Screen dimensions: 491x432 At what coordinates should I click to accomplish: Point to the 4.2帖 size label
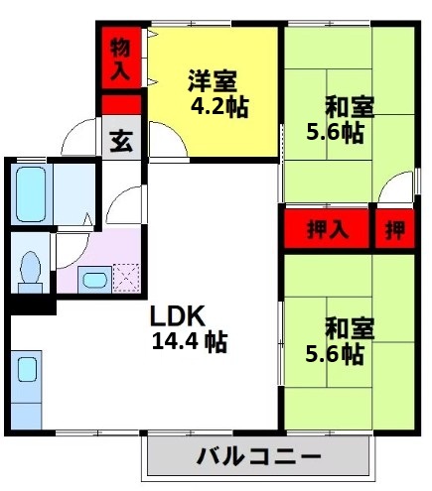(x=218, y=105)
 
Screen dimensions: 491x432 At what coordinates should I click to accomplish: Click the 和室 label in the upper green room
(x=349, y=105)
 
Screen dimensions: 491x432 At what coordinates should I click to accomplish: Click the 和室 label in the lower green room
(x=349, y=327)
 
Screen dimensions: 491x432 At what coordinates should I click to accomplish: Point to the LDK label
(x=178, y=316)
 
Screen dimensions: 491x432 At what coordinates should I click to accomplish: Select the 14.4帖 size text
(x=188, y=343)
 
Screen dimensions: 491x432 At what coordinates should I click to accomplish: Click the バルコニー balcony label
(x=258, y=459)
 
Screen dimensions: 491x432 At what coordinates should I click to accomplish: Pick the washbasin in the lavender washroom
(x=94, y=279)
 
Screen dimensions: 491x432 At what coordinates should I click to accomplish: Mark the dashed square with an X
(x=127, y=278)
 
